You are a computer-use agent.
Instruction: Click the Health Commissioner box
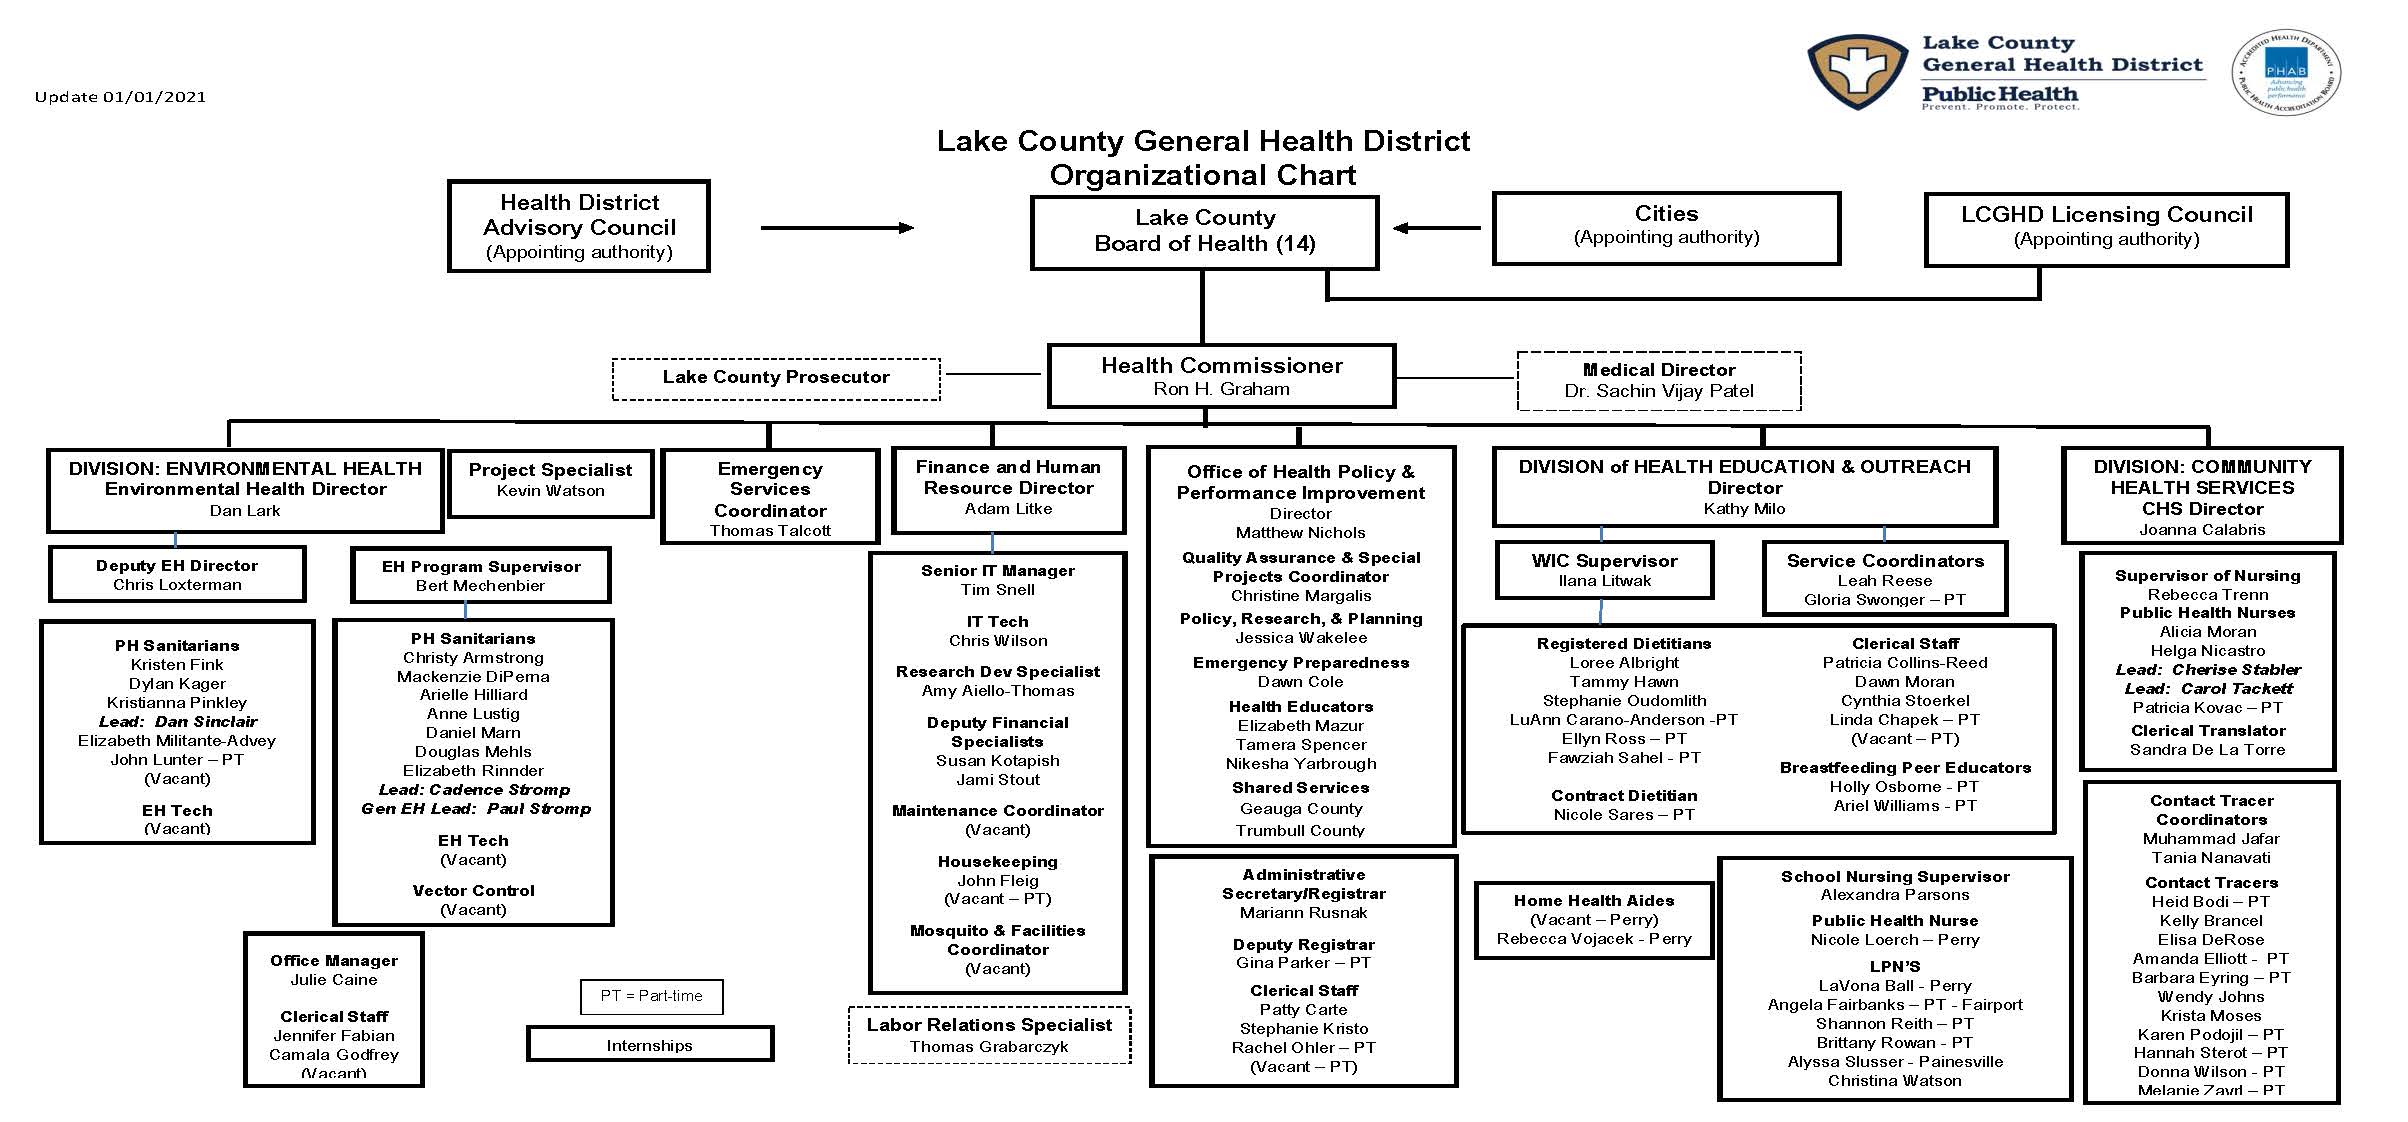click(1221, 376)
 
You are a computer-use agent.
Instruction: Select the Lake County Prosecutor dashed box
click(776, 378)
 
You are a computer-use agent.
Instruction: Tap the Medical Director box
click(1658, 381)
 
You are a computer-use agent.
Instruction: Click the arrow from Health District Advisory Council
click(837, 228)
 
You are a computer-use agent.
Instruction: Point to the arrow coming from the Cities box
click(1436, 228)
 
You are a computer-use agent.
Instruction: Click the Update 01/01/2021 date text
click(120, 97)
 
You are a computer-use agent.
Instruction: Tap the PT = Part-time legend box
click(651, 996)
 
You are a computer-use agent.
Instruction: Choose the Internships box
click(650, 1045)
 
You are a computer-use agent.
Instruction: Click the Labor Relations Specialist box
click(989, 1035)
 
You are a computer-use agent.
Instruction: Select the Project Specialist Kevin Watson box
click(550, 481)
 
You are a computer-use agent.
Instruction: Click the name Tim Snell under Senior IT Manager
click(997, 590)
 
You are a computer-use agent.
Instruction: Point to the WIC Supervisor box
click(1604, 570)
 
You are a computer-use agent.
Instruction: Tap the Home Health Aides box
click(1593, 919)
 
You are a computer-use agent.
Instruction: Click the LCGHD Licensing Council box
click(2106, 228)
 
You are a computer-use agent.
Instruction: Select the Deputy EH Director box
click(177, 574)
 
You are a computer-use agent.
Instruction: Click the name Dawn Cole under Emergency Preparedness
click(1300, 682)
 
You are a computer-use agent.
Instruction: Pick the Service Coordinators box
click(1884, 579)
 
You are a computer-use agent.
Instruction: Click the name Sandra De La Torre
click(2207, 750)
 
